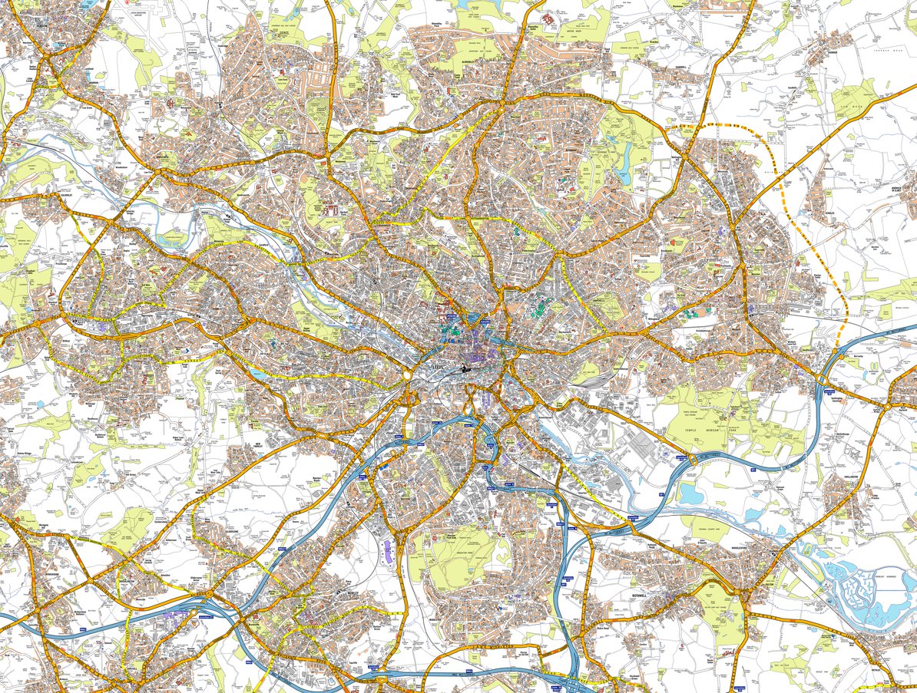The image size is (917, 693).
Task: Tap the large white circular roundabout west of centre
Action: click(405, 375)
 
